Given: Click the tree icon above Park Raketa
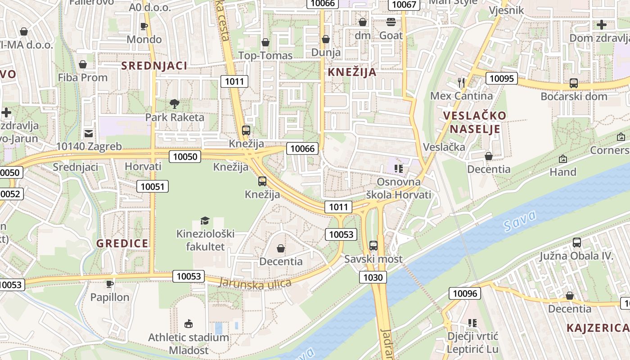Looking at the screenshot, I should (174, 104).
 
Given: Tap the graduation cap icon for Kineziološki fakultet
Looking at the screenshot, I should (205, 220).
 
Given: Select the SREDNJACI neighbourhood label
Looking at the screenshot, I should (154, 66).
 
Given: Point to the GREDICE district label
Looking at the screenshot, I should (122, 243).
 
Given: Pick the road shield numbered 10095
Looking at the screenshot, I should (501, 78).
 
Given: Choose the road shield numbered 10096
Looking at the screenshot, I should (465, 294).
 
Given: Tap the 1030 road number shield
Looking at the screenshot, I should (373, 277).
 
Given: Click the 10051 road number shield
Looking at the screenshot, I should (153, 186).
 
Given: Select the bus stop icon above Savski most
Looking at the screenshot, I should (373, 246).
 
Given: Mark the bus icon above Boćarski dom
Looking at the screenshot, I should (574, 83).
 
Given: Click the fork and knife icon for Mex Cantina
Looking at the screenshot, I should (461, 82).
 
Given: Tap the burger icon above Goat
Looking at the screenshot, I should (391, 22).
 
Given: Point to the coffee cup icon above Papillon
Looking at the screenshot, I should (109, 284).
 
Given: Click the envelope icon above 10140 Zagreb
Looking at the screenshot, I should (89, 133).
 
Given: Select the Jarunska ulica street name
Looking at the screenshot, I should (255, 283).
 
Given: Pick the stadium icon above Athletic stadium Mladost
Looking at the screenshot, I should (189, 324).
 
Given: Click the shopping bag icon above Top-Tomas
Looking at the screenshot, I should (265, 42).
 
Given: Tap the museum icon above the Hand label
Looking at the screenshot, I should (562, 159).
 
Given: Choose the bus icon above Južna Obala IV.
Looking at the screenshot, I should (577, 243).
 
